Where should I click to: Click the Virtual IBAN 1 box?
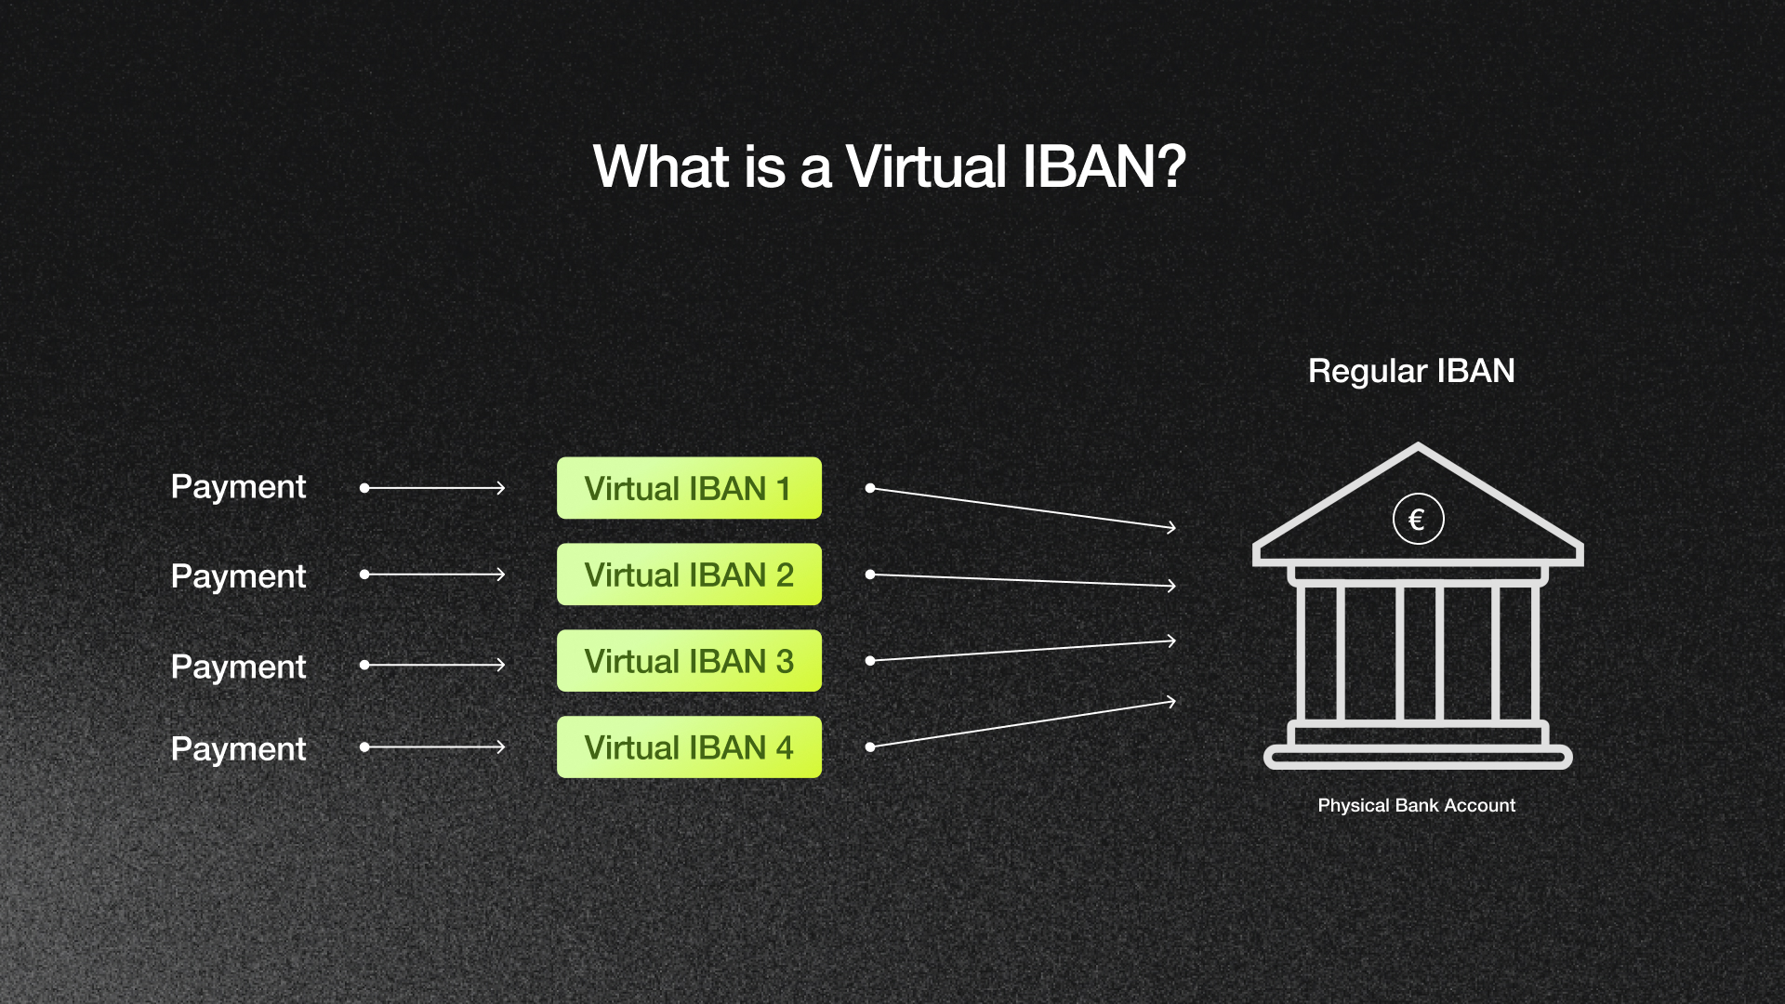pos(689,488)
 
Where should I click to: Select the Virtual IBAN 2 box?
pos(689,575)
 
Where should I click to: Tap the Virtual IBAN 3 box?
pos(689,661)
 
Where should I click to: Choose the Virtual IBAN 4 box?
pos(689,747)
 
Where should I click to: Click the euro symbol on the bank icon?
pos(1418,519)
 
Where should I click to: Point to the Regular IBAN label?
pos(1411,371)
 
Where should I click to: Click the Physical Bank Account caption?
pos(1416,805)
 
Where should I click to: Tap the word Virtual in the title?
pos(926,167)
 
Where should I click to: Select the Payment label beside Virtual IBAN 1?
pos(238,487)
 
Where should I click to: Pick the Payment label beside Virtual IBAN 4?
pos(238,748)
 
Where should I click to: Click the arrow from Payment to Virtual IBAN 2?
pos(434,575)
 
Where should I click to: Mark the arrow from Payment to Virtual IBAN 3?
pos(434,665)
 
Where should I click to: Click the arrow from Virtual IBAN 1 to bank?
pos(1023,508)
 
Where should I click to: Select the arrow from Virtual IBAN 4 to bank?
pos(1023,725)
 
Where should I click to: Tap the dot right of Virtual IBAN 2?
pos(870,575)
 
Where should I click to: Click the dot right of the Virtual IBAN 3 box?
pos(870,661)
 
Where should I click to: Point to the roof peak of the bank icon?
pos(1418,449)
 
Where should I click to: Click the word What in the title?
pos(661,167)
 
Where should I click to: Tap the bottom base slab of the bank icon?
pos(1418,758)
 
